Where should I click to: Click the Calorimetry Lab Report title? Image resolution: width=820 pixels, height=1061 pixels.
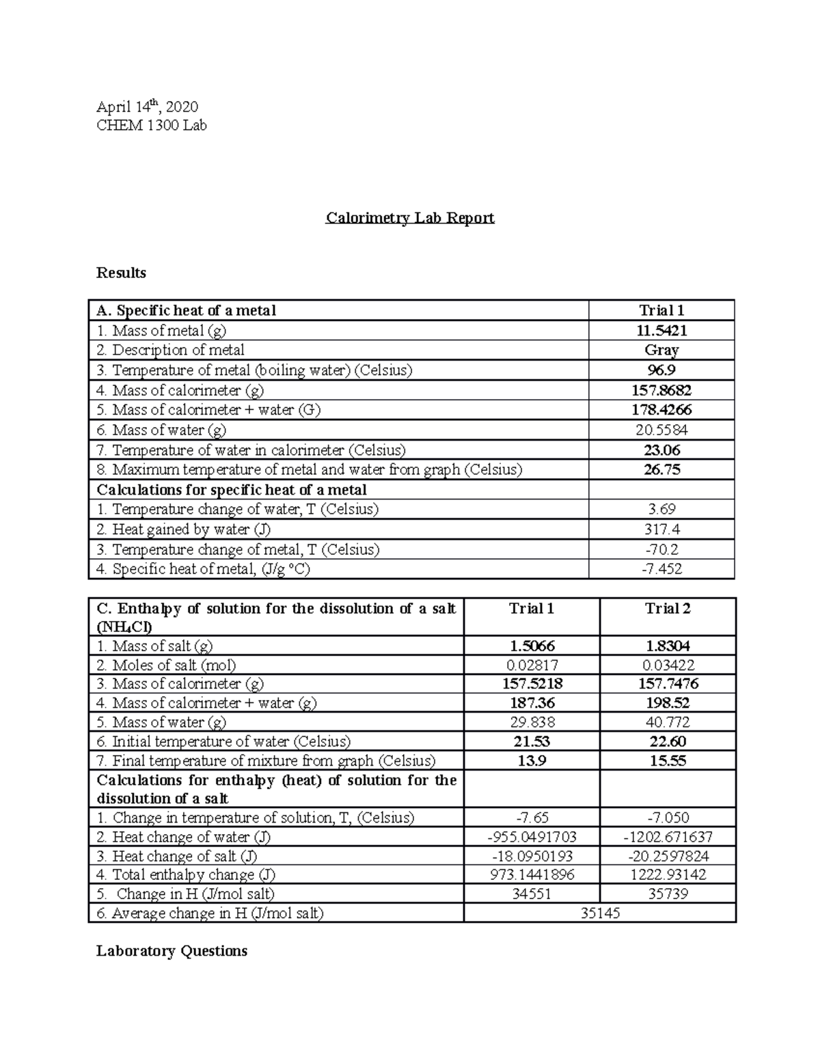tap(409, 218)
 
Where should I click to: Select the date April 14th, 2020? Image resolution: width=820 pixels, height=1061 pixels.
tap(147, 107)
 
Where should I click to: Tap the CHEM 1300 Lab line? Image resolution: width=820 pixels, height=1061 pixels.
tap(151, 125)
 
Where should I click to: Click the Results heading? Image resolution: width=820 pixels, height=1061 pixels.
tap(121, 273)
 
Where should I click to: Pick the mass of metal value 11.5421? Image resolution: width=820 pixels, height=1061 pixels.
tap(661, 331)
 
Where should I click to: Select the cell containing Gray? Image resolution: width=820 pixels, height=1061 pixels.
tap(661, 350)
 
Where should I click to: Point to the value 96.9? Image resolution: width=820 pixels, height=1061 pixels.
tap(661, 370)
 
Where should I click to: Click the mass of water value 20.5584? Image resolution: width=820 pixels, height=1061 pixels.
tap(661, 430)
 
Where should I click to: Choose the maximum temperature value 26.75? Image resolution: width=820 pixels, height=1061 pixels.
tap(661, 469)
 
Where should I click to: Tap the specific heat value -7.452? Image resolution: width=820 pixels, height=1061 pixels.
tap(661, 568)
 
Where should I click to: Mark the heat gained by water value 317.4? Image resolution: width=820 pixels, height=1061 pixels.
tap(661, 529)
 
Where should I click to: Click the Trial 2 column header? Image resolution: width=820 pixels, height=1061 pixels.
tap(668, 609)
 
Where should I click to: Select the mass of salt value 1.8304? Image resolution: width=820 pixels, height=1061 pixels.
tap(668, 646)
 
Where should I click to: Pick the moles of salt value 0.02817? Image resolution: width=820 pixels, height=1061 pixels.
tap(532, 665)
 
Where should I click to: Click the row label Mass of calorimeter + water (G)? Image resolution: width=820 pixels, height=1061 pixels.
tap(208, 410)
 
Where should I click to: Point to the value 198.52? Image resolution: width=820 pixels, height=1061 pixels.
tap(668, 703)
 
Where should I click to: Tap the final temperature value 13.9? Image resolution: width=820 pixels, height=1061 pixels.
tap(532, 760)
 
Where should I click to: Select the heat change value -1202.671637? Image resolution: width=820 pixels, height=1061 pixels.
tap(668, 837)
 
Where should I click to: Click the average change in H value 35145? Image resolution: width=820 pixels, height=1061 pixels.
tap(600, 913)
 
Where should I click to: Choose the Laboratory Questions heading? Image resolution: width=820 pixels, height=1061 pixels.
tap(172, 951)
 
